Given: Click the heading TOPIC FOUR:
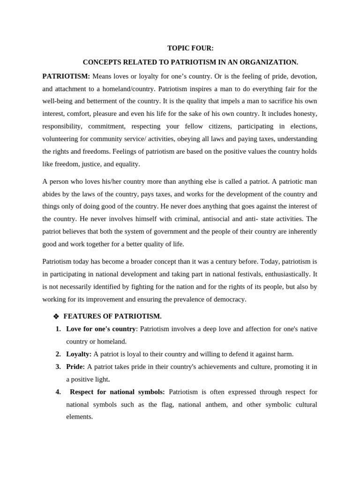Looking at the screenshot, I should tap(190, 48).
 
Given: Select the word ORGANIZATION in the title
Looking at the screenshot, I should tap(273, 62).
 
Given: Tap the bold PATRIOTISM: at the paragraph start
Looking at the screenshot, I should tap(66, 76).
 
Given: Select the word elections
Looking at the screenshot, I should tap(302, 126).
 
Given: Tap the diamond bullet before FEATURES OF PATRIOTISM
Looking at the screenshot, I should tap(56, 317).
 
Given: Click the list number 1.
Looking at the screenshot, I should tap(58, 329).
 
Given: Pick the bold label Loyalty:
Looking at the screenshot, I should tap(79, 354).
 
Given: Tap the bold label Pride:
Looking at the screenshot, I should tap(75, 367).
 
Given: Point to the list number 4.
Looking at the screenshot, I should tap(58, 392).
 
